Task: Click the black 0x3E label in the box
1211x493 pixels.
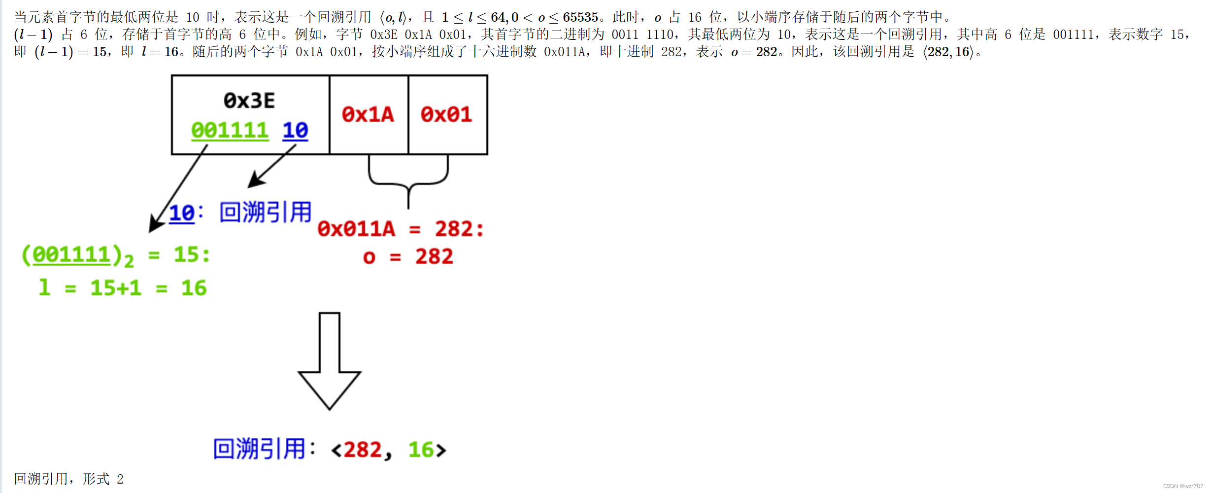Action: (249, 101)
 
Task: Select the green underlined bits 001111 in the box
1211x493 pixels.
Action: (230, 131)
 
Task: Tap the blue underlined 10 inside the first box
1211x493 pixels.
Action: (295, 131)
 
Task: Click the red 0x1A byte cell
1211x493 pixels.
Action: (368, 115)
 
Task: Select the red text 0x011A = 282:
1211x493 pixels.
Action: (400, 229)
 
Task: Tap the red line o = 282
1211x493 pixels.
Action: (408, 257)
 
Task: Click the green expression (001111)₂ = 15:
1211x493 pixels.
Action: (116, 255)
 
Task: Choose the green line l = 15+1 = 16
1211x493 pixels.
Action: (123, 288)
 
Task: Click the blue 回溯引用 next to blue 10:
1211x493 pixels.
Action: (265, 212)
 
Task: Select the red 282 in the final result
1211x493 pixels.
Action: (363, 450)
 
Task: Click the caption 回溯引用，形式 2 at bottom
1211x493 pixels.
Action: (68, 479)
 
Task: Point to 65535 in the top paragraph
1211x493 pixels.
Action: (580, 17)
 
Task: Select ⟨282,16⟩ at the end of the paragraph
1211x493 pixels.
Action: (948, 52)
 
